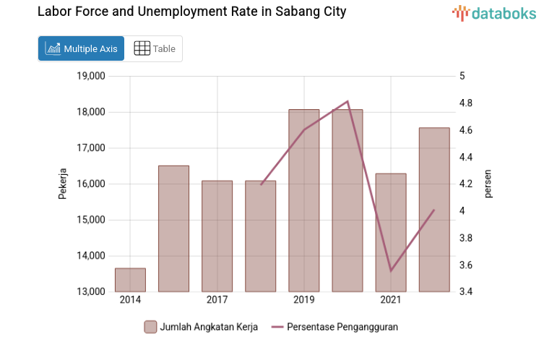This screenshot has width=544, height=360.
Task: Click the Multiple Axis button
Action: coord(81,48)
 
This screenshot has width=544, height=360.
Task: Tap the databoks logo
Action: coord(494,12)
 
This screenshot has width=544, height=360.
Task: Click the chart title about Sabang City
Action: coord(191,12)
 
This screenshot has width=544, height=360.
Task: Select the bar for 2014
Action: coord(130,280)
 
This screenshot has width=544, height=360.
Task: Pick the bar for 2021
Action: coord(391,232)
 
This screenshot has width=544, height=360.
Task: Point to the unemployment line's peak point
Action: coord(347,101)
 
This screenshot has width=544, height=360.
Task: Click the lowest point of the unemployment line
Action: coord(391,270)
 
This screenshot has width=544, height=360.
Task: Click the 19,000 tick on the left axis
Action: coord(91,76)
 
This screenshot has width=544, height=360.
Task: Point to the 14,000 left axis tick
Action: coord(91,256)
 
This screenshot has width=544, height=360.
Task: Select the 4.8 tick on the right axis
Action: coord(466,103)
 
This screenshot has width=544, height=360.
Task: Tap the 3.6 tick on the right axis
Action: coord(466,265)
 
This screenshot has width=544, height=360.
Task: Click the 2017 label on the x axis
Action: coord(217,300)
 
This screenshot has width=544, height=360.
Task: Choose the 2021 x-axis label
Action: coord(391,300)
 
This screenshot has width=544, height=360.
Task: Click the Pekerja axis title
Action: coord(63,184)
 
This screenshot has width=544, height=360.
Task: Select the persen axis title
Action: coord(488,184)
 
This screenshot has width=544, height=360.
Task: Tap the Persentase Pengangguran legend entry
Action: coord(334,327)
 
